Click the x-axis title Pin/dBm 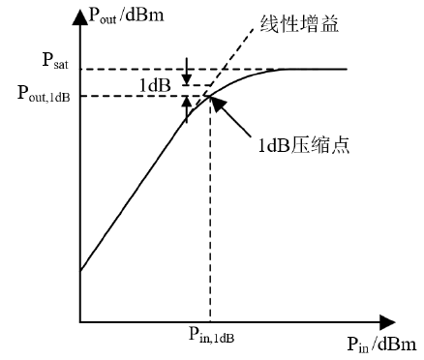379,344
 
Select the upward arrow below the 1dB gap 187,108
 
